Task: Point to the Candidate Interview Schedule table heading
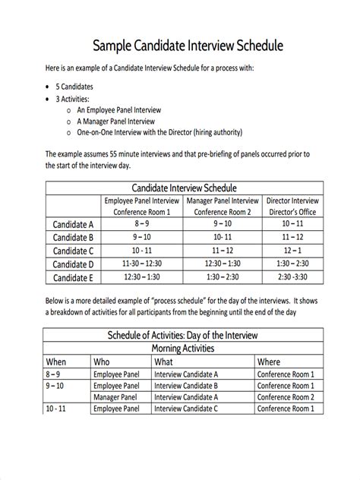point(185,188)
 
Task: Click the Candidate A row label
point(74,225)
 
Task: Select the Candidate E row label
point(74,277)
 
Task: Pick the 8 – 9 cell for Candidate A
point(142,225)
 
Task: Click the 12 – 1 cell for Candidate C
point(292,251)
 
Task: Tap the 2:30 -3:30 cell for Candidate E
point(292,277)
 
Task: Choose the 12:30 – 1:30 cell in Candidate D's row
point(223,264)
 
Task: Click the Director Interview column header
point(292,201)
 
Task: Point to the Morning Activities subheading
point(183,348)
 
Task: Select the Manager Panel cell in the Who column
point(115,396)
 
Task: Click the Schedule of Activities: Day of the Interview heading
point(183,335)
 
